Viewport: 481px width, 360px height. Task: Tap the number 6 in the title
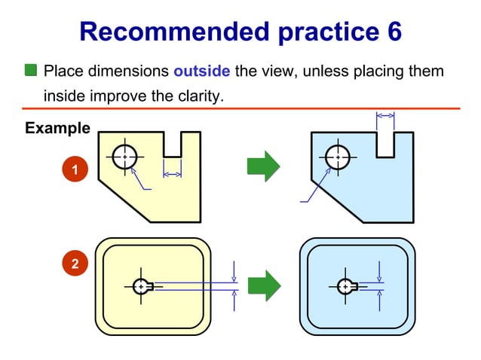tap(393, 32)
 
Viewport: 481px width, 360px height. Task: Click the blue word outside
tap(202, 72)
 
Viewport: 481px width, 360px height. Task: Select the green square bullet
tap(31, 72)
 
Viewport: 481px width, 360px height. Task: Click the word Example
tap(57, 128)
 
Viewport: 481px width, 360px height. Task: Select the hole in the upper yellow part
tap(124, 157)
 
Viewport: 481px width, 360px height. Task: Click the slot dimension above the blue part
tap(385, 115)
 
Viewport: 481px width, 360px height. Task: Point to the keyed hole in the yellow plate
tap(141, 286)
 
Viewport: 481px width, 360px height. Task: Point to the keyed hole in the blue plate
tap(346, 286)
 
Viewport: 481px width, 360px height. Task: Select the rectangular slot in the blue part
tap(385, 145)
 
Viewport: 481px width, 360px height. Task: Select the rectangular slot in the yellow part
tap(173, 145)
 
